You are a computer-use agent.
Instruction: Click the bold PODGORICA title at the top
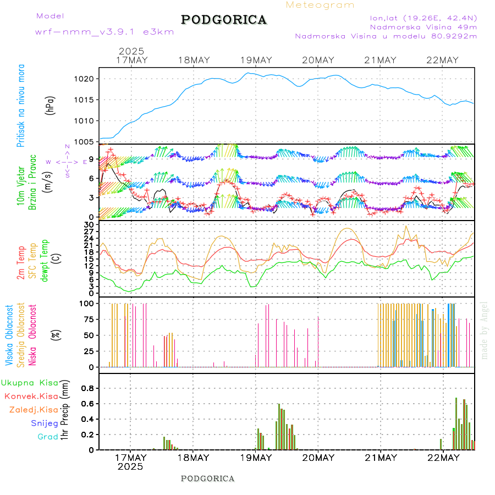(x=224, y=20)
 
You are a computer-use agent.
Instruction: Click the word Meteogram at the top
(x=320, y=5)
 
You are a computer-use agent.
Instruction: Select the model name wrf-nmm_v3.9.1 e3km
(x=105, y=31)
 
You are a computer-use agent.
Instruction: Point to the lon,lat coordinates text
(x=424, y=18)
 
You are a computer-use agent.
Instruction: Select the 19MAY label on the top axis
(x=256, y=60)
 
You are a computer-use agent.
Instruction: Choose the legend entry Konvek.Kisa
(x=31, y=396)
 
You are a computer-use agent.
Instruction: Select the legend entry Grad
(x=47, y=437)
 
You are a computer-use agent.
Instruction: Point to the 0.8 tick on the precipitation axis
(x=87, y=388)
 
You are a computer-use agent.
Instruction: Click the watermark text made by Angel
(x=484, y=330)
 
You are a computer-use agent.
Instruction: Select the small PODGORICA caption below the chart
(x=207, y=479)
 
